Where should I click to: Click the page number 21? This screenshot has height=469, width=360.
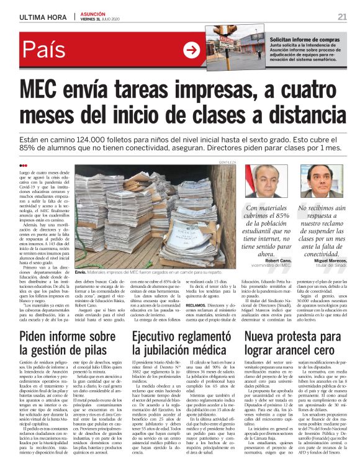tap(342, 16)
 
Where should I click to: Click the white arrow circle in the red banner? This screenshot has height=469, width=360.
tap(191, 50)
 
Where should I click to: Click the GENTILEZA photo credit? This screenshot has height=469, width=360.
tap(227, 162)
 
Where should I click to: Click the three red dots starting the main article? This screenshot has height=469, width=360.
tap(24, 165)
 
